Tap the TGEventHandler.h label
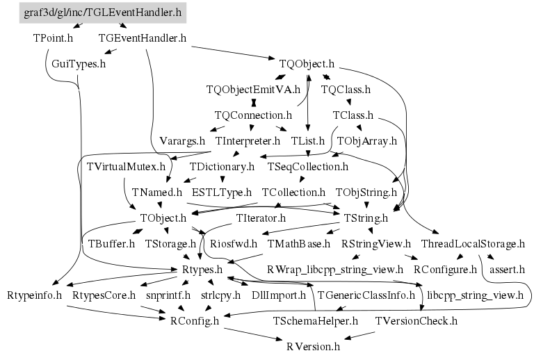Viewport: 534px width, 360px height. pos(143,38)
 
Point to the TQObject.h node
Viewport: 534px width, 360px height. pos(307,64)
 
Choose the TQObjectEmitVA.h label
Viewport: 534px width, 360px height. pos(253,90)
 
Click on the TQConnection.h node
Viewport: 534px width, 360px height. pos(253,115)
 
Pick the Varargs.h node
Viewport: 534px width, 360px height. pos(182,140)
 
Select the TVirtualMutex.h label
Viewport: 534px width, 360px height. pos(127,167)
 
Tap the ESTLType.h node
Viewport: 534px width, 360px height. pos(222,192)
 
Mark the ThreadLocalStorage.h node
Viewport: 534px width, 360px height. pos(473,244)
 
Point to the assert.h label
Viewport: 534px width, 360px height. pos(508,269)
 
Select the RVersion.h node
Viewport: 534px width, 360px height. pos(313,345)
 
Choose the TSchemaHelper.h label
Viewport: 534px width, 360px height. pos(316,320)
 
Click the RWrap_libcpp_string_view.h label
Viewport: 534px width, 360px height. pos(335,269)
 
